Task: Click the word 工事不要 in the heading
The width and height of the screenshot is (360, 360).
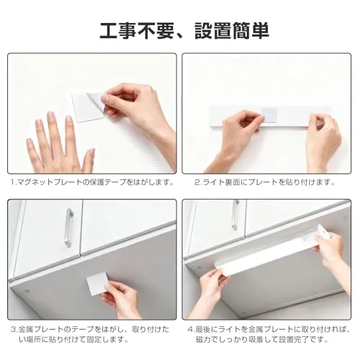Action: pos(137,31)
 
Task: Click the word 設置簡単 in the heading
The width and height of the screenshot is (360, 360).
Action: pos(232,31)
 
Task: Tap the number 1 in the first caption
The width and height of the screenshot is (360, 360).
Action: pos(13,182)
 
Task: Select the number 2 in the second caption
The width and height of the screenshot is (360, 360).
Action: pos(197,182)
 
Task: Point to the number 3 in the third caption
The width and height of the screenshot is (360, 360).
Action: pos(14,329)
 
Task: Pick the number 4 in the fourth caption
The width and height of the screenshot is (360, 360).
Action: pos(190,329)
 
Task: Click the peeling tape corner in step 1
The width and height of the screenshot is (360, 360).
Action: pos(96,100)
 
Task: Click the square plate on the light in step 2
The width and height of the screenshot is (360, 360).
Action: pos(269,114)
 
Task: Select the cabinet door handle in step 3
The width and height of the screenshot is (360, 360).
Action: pos(68,228)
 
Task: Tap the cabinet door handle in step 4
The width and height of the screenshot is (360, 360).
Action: pos(235,215)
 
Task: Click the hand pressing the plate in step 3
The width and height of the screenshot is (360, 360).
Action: pos(120,300)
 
